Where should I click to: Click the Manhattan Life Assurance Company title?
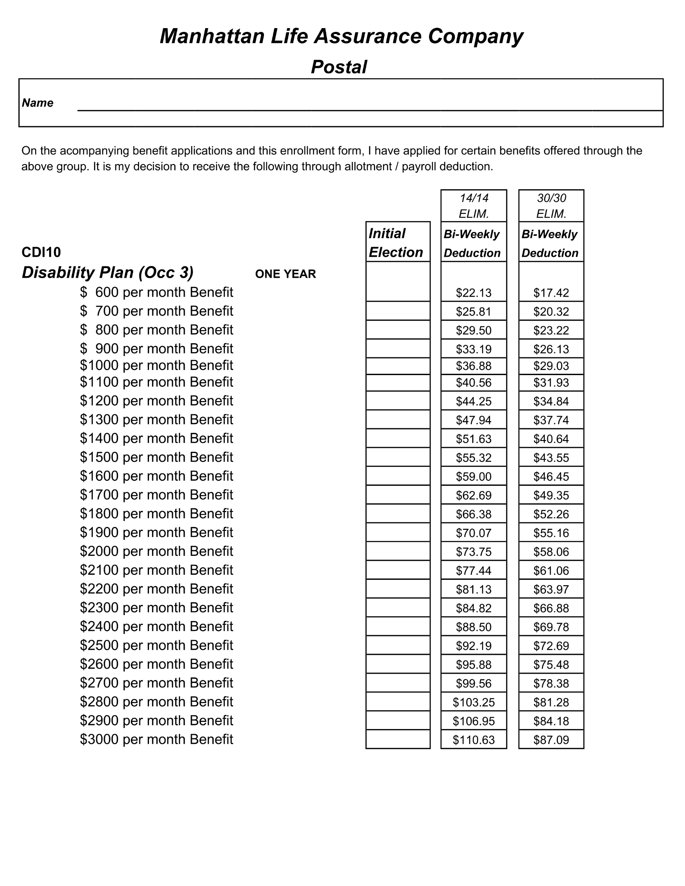(341, 36)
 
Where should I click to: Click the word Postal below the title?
(339, 67)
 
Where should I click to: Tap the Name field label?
(37, 103)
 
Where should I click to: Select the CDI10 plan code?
(41, 252)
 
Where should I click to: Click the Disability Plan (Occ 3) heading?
(107, 273)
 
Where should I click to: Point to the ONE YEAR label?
(285, 274)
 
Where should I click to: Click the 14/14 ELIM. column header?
(473, 206)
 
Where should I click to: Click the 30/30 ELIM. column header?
(551, 206)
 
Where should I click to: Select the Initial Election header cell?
(397, 242)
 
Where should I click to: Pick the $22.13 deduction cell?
(473, 293)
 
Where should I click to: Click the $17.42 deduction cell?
(551, 293)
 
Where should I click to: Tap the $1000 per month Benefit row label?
(156, 365)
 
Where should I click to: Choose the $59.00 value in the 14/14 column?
(473, 477)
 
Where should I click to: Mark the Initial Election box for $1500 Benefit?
(397, 457)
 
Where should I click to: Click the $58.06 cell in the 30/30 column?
(551, 552)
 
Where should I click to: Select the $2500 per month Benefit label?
(156, 645)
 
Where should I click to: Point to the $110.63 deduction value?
(473, 740)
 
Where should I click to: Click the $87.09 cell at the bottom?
(551, 740)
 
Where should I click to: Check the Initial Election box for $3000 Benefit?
(397, 740)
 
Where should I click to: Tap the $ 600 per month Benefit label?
(156, 292)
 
